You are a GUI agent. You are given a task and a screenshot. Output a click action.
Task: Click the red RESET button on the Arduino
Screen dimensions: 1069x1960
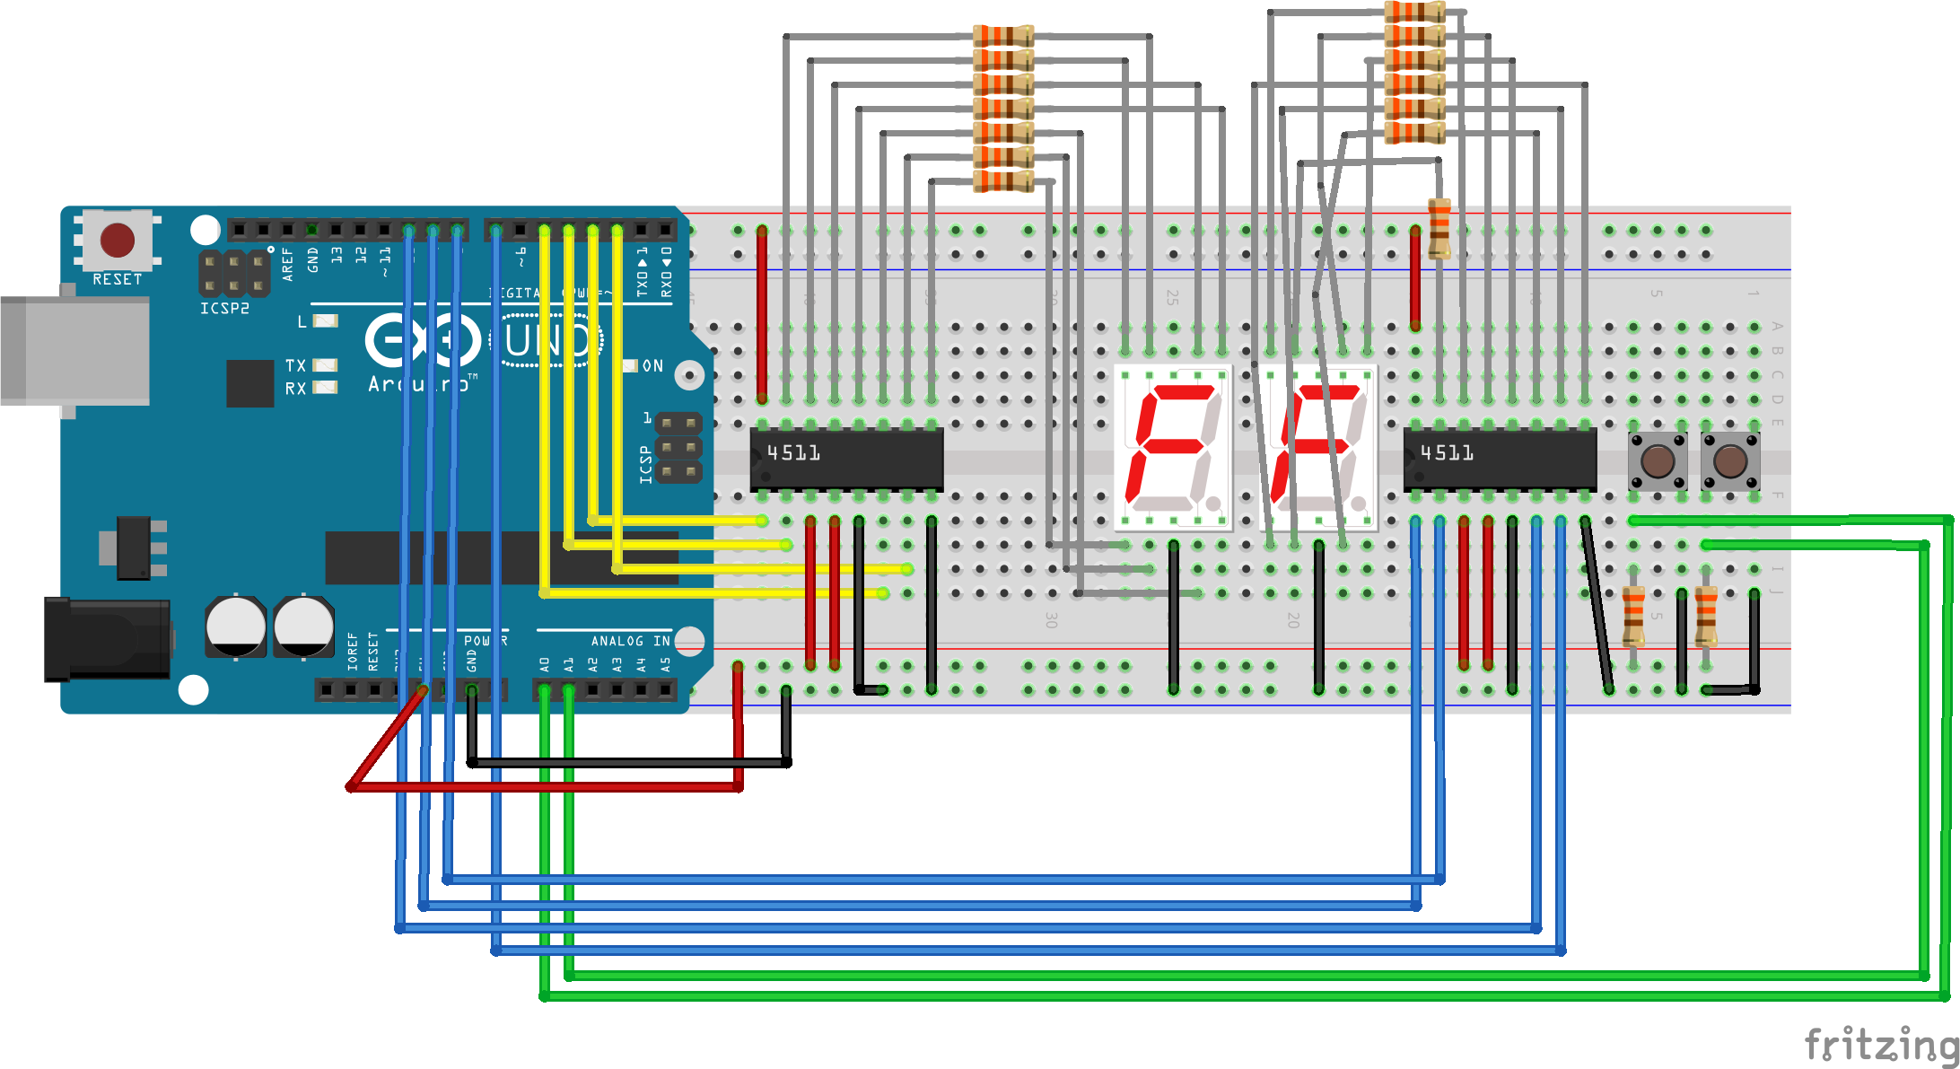(x=118, y=240)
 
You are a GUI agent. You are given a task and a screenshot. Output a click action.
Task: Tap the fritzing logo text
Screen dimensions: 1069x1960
(x=1880, y=1045)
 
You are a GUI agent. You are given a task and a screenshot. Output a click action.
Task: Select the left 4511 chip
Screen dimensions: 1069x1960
(x=846, y=458)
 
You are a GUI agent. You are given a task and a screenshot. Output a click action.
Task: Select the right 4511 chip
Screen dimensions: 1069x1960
(x=1500, y=458)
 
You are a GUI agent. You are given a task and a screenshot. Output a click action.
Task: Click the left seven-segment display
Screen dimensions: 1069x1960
(x=1173, y=446)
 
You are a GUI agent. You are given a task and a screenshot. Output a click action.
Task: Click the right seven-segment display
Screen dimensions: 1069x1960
(x=1318, y=446)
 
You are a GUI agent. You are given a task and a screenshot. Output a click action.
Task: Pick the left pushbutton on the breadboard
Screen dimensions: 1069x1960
(x=1657, y=461)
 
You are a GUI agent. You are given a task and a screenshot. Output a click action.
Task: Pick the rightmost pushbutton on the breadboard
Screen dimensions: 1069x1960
(x=1730, y=461)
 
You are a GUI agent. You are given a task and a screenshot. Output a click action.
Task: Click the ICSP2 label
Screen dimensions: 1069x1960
(x=224, y=308)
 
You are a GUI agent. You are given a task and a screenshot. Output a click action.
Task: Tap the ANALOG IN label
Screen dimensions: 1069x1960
(x=630, y=641)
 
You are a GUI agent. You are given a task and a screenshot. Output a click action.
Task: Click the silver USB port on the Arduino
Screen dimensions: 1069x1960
(x=75, y=350)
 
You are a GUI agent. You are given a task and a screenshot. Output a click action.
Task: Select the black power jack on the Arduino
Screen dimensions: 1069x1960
(x=107, y=639)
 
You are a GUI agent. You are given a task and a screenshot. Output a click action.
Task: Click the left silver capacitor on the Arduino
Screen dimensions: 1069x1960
(x=235, y=626)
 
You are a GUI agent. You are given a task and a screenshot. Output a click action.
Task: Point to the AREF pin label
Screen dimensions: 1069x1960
(x=288, y=264)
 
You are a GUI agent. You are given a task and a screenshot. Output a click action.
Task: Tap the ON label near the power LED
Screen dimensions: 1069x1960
(x=652, y=366)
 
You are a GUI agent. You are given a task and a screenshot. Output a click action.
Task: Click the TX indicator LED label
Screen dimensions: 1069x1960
(x=295, y=365)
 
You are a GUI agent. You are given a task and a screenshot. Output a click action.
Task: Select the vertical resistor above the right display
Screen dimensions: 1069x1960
(x=1439, y=228)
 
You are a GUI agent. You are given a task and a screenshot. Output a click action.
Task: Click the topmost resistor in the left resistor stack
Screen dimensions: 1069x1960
(x=1003, y=37)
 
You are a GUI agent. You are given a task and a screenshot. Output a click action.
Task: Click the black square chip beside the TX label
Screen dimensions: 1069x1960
(x=249, y=383)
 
